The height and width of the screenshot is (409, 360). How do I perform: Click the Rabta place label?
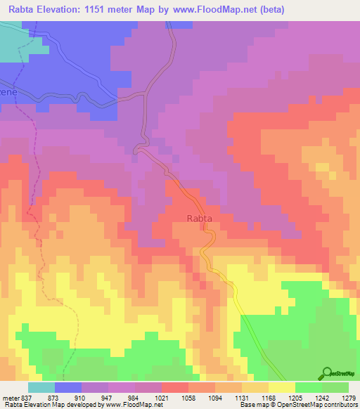[200, 219]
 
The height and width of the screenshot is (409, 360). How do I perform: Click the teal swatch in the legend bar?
[41, 388]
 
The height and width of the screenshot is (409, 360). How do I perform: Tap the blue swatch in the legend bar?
[67, 388]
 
